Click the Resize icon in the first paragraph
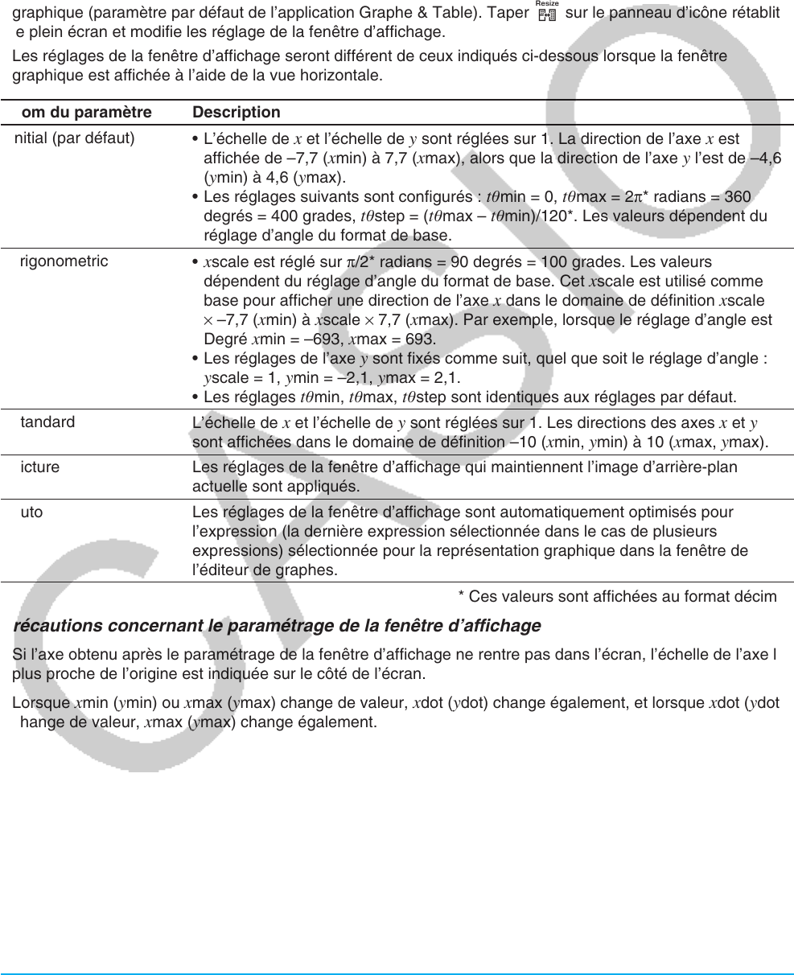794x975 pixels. tap(550, 14)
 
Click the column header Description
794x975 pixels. tap(237, 113)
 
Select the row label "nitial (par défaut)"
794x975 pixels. tap(75, 138)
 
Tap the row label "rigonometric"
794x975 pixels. tap(64, 261)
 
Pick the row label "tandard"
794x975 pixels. tap(47, 422)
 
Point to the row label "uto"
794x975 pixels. tap(31, 512)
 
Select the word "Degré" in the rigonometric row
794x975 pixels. tap(222, 339)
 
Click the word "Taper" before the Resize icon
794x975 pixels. tap(509, 14)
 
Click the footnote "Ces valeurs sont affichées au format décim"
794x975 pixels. tap(617, 596)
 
